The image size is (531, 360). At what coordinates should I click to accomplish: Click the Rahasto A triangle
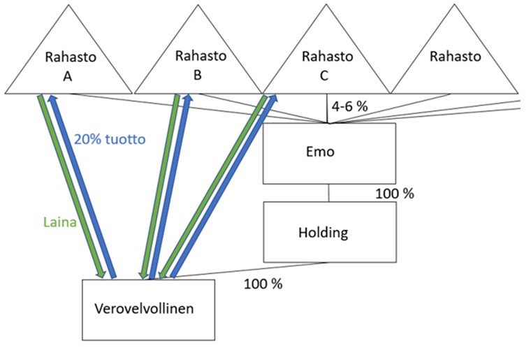pyautogui.click(x=68, y=63)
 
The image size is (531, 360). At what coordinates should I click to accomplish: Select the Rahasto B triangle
pyautogui.click(x=198, y=63)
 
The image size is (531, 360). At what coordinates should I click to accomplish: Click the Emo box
pyautogui.click(x=328, y=153)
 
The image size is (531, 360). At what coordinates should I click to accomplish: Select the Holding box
pyautogui.click(x=328, y=232)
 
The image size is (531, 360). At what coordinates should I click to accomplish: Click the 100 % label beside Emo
pyautogui.click(x=393, y=193)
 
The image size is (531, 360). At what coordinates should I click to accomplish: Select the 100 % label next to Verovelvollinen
pyautogui.click(x=263, y=285)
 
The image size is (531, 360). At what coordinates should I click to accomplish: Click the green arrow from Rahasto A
pyautogui.click(x=71, y=185)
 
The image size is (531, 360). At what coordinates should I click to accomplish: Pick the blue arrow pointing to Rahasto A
pyautogui.click(x=82, y=185)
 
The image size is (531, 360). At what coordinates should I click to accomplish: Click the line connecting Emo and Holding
pyautogui.click(x=328, y=193)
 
